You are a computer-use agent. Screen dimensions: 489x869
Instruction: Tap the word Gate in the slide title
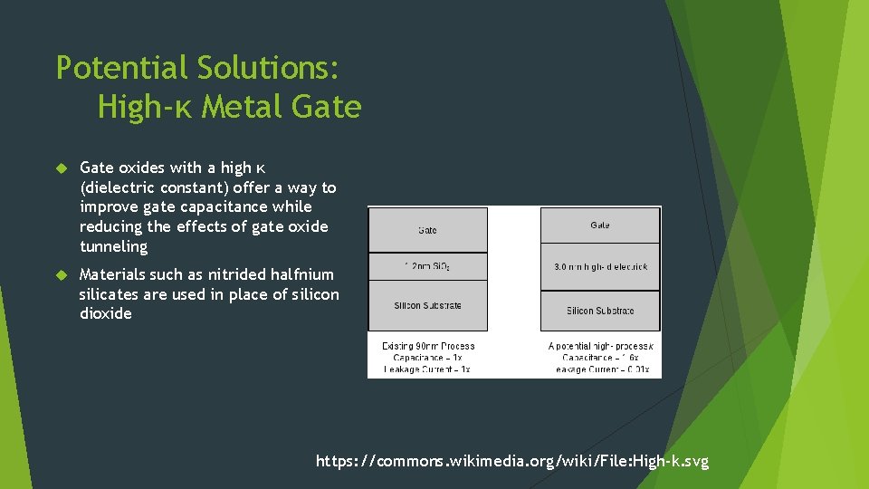(x=328, y=108)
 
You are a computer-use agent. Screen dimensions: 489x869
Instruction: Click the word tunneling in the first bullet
(x=113, y=246)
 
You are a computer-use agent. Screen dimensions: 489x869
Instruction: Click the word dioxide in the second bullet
(x=105, y=313)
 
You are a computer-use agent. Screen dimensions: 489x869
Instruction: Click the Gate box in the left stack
(x=427, y=230)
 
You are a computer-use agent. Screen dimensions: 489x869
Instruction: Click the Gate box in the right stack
(x=600, y=225)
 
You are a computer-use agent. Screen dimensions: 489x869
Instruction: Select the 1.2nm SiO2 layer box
(x=427, y=266)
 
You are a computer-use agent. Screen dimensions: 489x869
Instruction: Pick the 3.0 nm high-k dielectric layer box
(x=600, y=267)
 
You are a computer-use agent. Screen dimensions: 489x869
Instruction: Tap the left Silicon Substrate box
(x=427, y=305)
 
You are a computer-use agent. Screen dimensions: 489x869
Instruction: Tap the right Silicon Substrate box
(x=600, y=311)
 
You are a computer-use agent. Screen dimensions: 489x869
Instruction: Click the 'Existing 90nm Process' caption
(x=427, y=346)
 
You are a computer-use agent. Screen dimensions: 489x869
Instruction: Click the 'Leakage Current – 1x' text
(x=427, y=369)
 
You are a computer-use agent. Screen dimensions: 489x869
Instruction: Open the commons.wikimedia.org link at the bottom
(x=512, y=462)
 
